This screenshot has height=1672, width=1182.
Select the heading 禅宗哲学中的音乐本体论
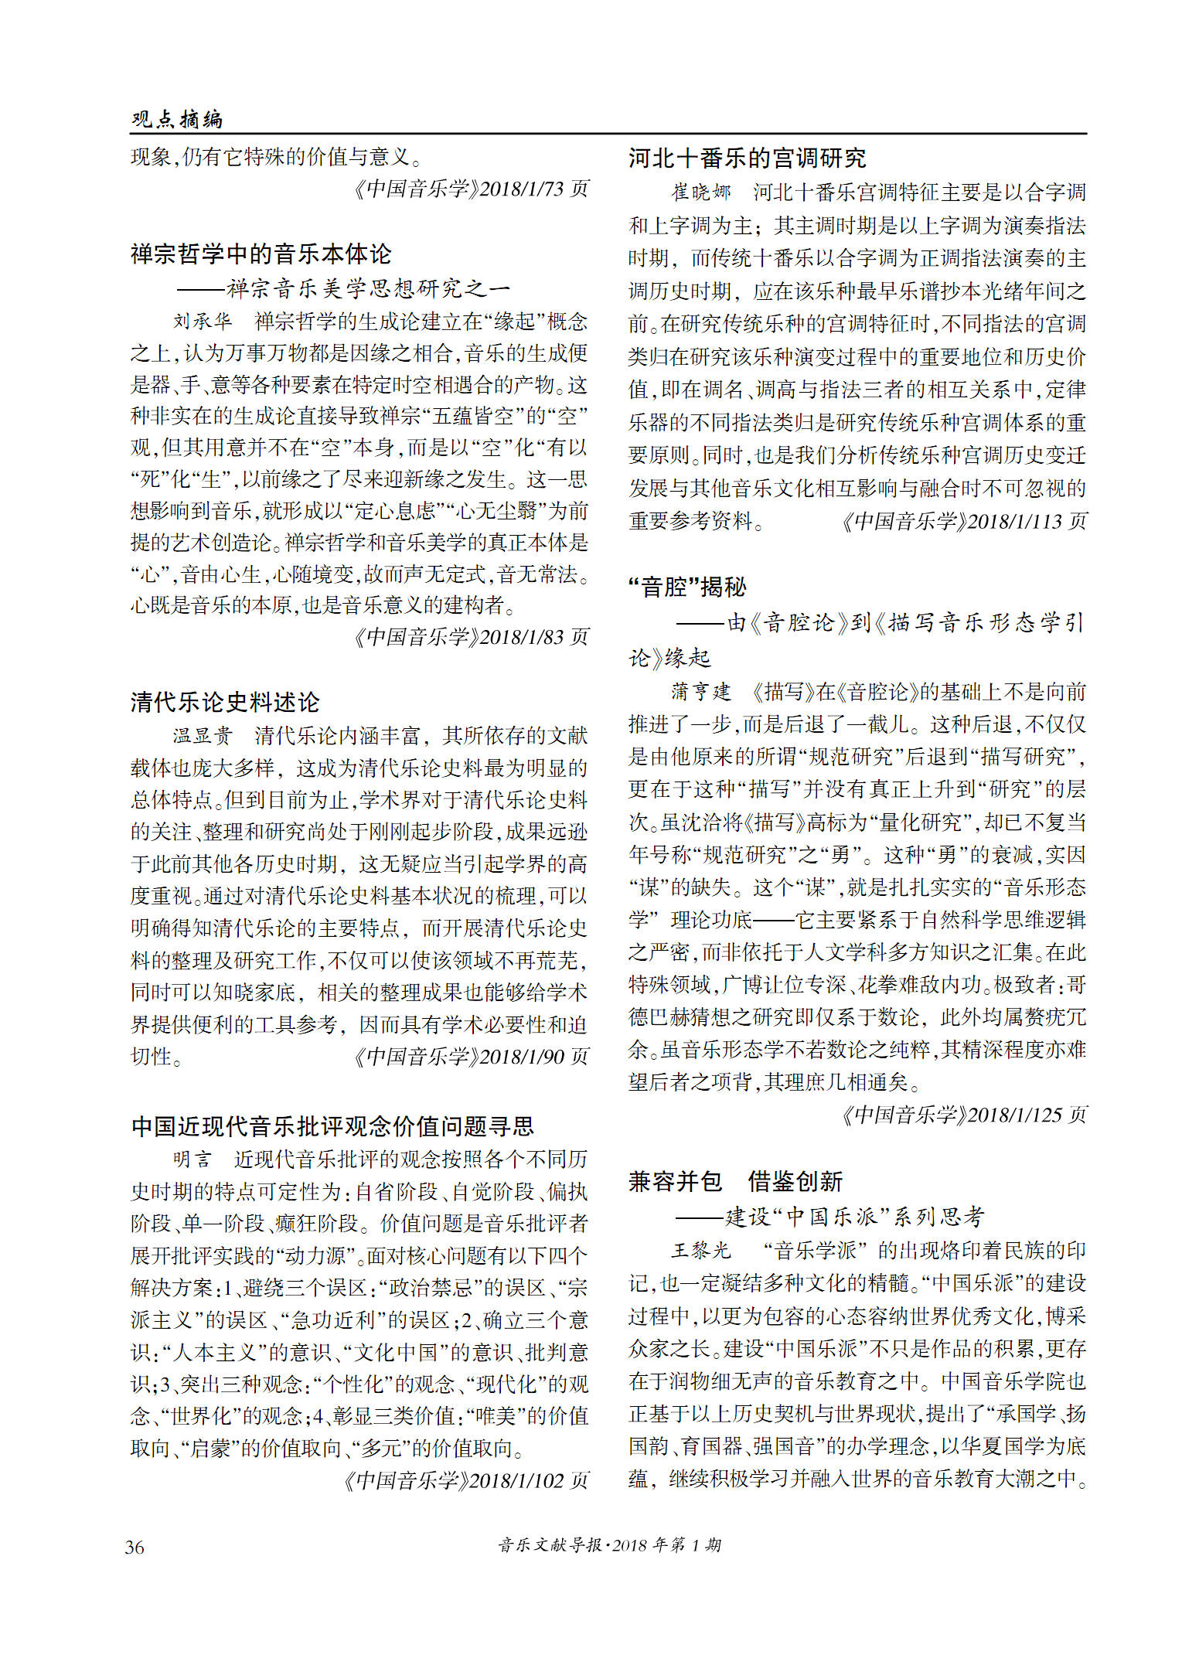[x=261, y=254]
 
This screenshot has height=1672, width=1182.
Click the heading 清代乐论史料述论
[x=225, y=702]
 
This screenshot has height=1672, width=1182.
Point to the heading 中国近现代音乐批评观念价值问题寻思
[x=332, y=1125]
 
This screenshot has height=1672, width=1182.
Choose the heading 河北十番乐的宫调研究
[x=747, y=158]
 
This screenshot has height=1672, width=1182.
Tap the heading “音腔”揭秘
[x=687, y=587]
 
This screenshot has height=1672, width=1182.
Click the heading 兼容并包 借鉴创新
[x=735, y=1181]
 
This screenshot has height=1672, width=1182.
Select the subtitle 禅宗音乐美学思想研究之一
[x=368, y=288]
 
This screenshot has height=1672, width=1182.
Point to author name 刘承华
[x=203, y=321]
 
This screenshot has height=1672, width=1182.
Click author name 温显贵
[x=203, y=735]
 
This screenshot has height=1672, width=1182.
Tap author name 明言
[x=192, y=1159]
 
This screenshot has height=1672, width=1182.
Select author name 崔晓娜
[x=700, y=192]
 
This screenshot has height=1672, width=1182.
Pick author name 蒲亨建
[x=700, y=691]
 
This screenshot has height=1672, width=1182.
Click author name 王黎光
[x=700, y=1250]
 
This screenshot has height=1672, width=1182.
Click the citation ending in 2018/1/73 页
[x=471, y=189]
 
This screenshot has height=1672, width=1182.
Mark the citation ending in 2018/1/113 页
[x=964, y=521]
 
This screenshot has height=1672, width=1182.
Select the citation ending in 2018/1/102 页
[x=465, y=1480]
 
